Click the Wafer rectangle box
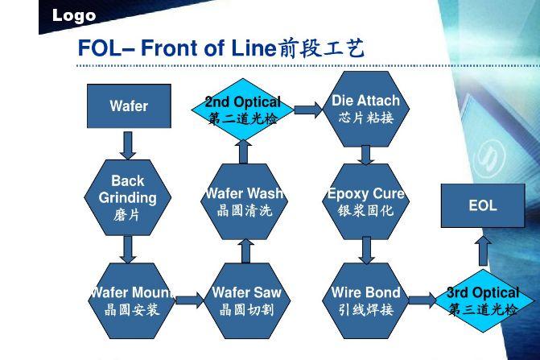129,106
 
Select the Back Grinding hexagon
128,197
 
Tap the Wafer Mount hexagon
131,300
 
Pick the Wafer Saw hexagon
247,300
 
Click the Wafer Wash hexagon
244,201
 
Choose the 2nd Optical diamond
243,110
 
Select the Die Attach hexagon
365,109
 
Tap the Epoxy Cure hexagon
365,201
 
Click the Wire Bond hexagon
365,300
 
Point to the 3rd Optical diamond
483,300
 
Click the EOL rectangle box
483,205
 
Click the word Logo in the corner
74,15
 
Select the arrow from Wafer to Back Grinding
128,146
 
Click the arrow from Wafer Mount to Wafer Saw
190,300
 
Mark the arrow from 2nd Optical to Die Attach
309,110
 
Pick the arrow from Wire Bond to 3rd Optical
423,300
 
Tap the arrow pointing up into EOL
483,250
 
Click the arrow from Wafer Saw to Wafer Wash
245,251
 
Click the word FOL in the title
98,48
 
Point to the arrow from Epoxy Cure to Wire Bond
366,250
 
